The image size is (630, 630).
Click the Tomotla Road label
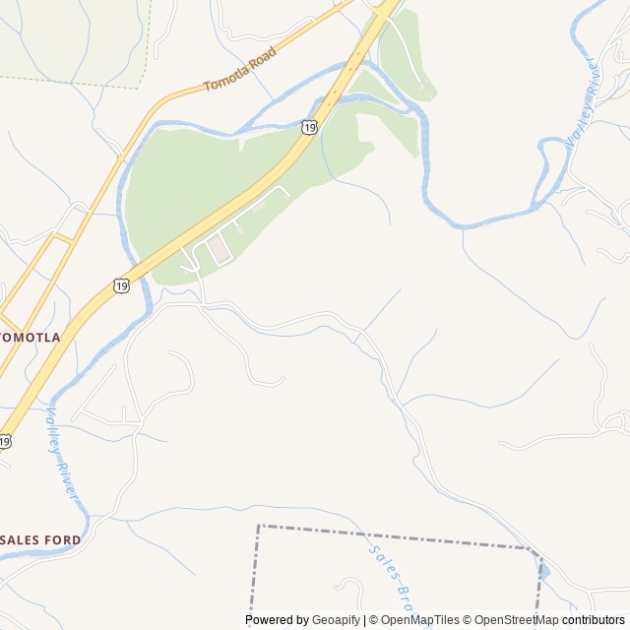click(x=239, y=70)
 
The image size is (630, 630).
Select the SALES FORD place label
click(x=41, y=539)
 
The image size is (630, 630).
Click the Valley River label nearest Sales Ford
click(x=62, y=454)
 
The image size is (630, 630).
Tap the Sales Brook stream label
click(x=388, y=576)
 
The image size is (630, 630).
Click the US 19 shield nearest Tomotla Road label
click(x=310, y=126)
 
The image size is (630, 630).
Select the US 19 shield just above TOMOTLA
click(x=121, y=285)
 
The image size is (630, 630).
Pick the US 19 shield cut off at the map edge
click(x=5, y=441)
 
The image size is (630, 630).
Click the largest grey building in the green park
click(x=220, y=250)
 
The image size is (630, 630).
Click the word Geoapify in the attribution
click(x=337, y=620)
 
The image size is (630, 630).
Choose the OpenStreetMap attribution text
click(x=515, y=620)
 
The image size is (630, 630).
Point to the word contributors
click(x=594, y=620)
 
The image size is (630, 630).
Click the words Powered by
click(x=277, y=620)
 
